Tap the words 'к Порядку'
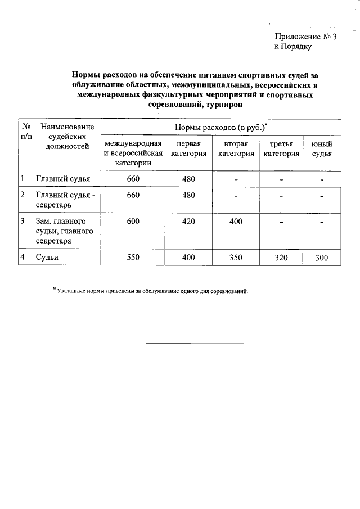pos(292,47)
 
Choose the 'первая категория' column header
pos(188,148)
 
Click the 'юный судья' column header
pos(322,148)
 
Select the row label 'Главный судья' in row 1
pos(63,179)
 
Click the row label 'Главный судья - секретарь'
pos(66,200)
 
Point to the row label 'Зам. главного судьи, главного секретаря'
pos(64,231)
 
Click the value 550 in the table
pos(133,258)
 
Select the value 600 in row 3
pos(133,222)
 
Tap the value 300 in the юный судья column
pos(322,258)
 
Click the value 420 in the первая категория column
pos(188,222)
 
